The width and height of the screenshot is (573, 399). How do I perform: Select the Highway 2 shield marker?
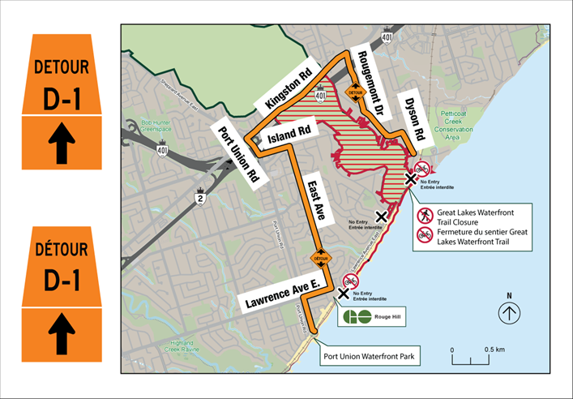point(199,196)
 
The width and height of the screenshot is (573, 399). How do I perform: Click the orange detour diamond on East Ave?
point(322,258)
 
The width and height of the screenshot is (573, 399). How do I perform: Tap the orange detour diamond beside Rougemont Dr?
point(355,92)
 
